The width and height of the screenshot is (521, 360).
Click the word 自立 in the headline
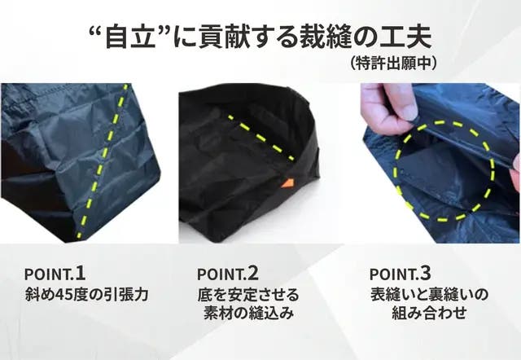click(x=131, y=37)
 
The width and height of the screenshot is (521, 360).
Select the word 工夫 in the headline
click(x=405, y=37)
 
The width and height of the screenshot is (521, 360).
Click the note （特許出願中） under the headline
click(x=393, y=64)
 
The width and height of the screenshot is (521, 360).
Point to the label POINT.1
click(x=55, y=274)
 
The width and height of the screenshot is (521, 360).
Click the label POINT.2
click(x=228, y=274)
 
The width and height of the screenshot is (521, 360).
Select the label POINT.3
click(x=400, y=274)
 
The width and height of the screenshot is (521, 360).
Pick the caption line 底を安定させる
click(x=248, y=295)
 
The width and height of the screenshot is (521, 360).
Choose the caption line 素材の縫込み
click(x=248, y=313)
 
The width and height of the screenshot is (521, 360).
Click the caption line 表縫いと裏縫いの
click(x=429, y=295)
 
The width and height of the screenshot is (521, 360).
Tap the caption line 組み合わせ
click(x=429, y=313)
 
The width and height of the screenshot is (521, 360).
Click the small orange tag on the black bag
click(x=287, y=183)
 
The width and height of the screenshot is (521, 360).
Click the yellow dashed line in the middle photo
click(x=260, y=138)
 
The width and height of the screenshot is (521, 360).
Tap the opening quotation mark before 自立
click(x=96, y=32)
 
